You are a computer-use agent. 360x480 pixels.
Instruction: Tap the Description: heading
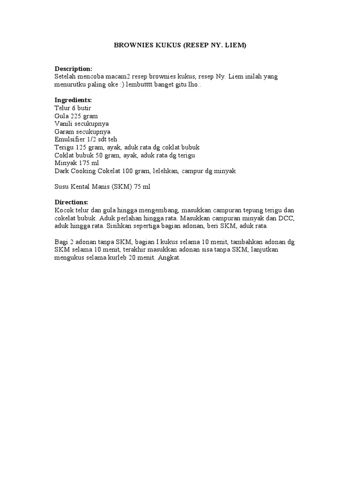(74, 68)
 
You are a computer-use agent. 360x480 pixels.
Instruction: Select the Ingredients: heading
(73, 100)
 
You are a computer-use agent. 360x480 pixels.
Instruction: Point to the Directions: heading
(71, 202)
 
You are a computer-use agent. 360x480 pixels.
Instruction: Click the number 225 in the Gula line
(76, 116)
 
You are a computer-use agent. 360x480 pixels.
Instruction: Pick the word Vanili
(64, 124)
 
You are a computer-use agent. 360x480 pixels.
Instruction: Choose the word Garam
(64, 132)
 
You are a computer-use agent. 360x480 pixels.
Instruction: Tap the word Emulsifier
(70, 140)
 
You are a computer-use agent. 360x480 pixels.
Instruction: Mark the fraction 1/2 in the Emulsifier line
(92, 140)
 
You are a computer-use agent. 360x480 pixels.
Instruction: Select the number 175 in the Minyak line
(84, 163)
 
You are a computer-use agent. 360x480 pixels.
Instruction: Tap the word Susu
(62, 187)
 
